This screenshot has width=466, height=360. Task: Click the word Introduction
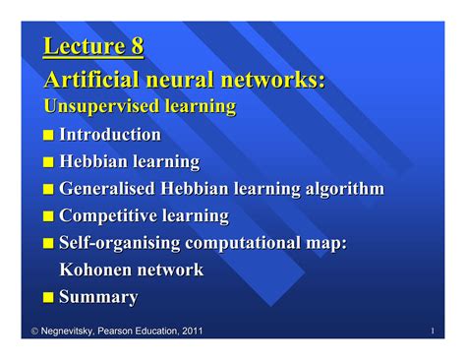pyautogui.click(x=110, y=134)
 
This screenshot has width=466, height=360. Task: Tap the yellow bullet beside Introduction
pyautogui.click(x=49, y=135)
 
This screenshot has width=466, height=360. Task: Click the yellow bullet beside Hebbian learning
pyautogui.click(x=49, y=162)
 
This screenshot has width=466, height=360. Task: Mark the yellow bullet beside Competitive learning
pyautogui.click(x=49, y=216)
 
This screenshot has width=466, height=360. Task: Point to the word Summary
pyautogui.click(x=98, y=296)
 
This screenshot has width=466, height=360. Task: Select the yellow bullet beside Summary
pyautogui.click(x=49, y=297)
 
